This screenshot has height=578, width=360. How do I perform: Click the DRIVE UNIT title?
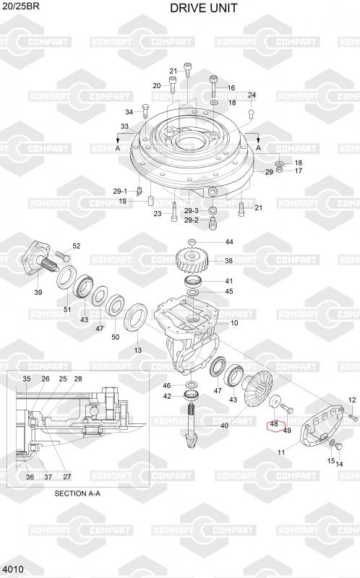(204, 8)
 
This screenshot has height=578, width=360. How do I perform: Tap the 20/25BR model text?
(21, 6)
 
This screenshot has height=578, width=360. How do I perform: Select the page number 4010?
(12, 569)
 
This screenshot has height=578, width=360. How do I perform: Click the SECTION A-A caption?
(77, 493)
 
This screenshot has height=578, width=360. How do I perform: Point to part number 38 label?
(228, 261)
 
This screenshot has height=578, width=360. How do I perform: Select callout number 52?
(77, 246)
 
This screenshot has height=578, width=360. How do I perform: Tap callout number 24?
(252, 95)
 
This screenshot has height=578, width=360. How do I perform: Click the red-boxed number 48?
(274, 424)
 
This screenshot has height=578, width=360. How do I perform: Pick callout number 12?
(352, 400)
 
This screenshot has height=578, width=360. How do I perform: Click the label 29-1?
(120, 191)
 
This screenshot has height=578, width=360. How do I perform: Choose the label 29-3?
(192, 211)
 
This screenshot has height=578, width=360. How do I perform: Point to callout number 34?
(129, 112)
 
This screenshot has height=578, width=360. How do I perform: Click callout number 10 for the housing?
(235, 323)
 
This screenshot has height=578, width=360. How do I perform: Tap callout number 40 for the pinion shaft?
(224, 426)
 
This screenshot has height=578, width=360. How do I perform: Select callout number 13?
(137, 350)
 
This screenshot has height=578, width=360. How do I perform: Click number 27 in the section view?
(67, 477)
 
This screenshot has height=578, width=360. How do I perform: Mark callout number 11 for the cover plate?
(281, 452)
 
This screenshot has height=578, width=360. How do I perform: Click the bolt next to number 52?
(62, 256)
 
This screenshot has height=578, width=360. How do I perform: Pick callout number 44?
(229, 242)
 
